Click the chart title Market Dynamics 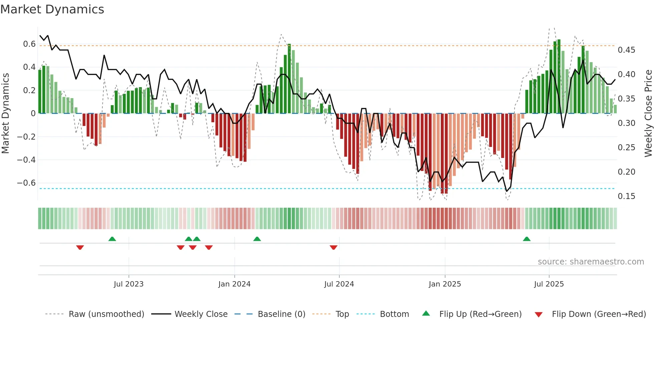click(x=52, y=9)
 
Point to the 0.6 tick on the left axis click(x=29, y=44)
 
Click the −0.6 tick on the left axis click(x=26, y=183)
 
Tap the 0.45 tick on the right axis click(x=626, y=50)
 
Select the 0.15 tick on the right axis click(x=626, y=196)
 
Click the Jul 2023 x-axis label click(x=128, y=284)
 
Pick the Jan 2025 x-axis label click(x=444, y=284)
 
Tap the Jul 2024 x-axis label click(x=339, y=284)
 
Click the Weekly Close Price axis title click(x=648, y=113)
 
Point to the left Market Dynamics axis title click(x=5, y=113)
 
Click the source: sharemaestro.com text click(x=591, y=262)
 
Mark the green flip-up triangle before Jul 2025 click(x=527, y=239)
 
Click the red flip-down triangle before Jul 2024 click(x=333, y=247)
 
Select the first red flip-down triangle click(x=80, y=247)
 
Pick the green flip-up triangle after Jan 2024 click(x=257, y=239)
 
